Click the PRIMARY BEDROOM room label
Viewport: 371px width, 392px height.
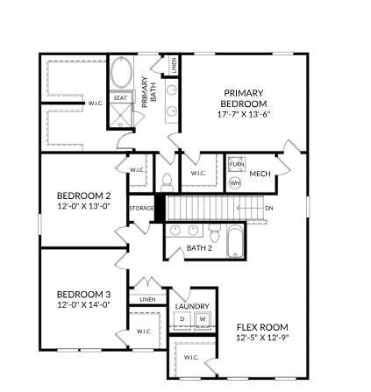(x=243, y=97)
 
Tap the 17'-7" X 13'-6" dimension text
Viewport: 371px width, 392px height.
(x=244, y=113)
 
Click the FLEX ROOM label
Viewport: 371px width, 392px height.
(x=261, y=326)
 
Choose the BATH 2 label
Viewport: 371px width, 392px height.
(x=199, y=248)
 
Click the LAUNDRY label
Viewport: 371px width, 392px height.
(x=192, y=306)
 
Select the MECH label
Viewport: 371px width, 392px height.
(x=260, y=174)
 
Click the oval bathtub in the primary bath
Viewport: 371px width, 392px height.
(x=120, y=73)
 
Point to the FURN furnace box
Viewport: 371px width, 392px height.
(x=236, y=164)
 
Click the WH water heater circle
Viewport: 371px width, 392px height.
(x=235, y=182)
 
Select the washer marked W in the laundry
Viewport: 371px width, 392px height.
(x=202, y=318)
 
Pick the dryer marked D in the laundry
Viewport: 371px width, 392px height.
(x=184, y=318)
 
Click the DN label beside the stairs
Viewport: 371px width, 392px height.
(x=268, y=208)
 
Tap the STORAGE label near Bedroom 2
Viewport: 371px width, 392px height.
(x=141, y=208)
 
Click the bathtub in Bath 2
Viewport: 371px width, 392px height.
(x=235, y=240)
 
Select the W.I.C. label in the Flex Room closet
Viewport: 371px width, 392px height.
(x=190, y=357)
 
